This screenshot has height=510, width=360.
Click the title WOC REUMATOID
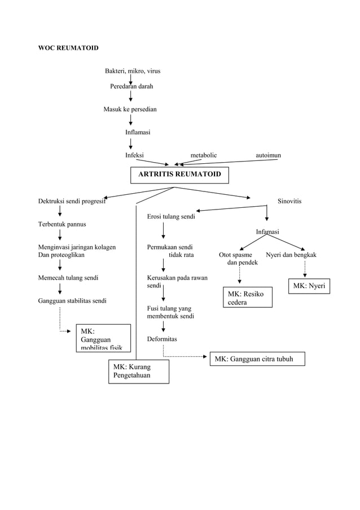(x=68, y=48)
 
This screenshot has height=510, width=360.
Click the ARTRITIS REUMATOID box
(x=179, y=175)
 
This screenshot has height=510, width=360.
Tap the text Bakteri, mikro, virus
(x=133, y=71)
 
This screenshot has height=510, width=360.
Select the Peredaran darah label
(x=131, y=86)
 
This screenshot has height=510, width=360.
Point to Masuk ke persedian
(x=130, y=109)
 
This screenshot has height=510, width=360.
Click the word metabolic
(x=203, y=155)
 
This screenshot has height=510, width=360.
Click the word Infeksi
(x=134, y=155)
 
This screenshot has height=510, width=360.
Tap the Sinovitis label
(x=289, y=201)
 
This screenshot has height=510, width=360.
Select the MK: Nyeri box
(x=309, y=286)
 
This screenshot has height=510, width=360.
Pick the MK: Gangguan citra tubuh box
(x=257, y=359)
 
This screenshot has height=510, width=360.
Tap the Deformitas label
(x=162, y=339)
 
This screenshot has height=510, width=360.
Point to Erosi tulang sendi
(x=172, y=216)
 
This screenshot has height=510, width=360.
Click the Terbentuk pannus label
(x=62, y=224)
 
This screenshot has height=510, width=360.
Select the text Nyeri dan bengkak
(x=291, y=255)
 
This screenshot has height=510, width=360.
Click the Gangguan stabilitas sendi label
(x=72, y=300)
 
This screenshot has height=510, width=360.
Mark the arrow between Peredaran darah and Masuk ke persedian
(x=131, y=98)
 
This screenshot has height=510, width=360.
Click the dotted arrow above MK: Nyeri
(x=305, y=268)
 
